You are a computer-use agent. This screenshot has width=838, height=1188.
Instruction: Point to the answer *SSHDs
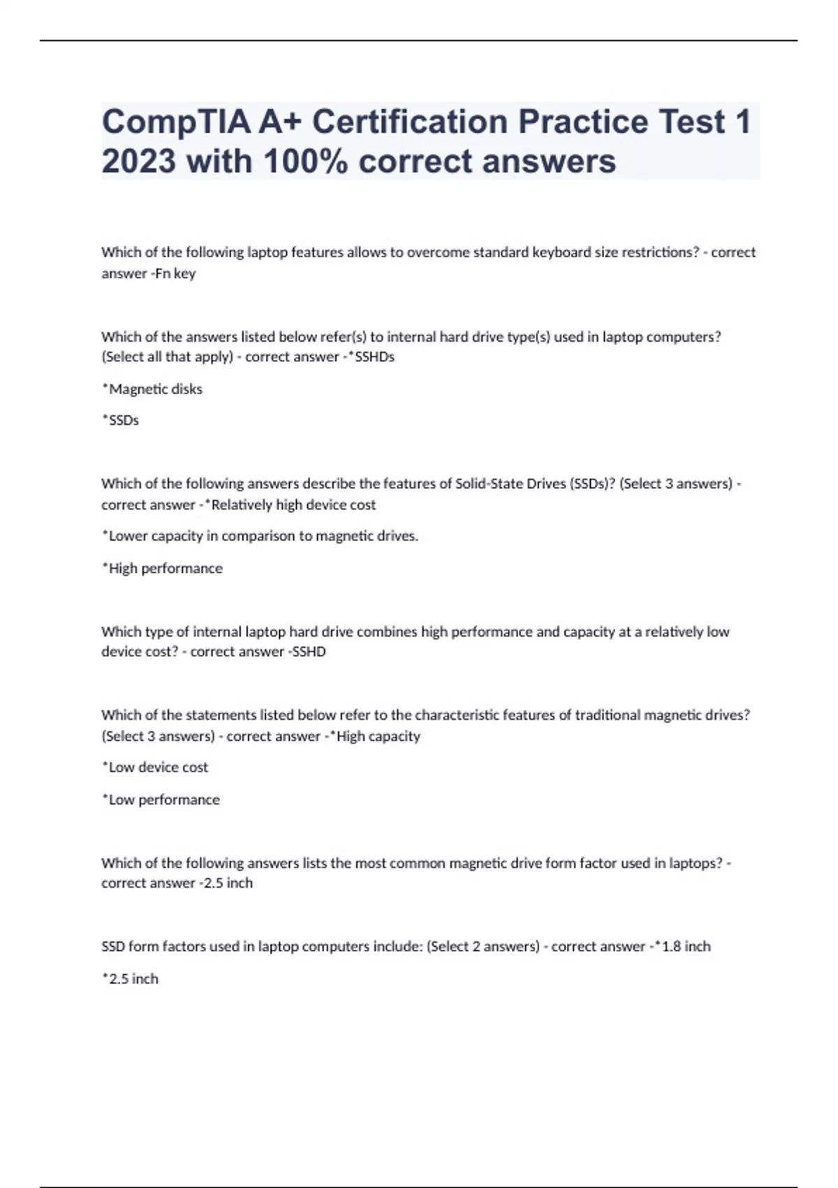pos(372,356)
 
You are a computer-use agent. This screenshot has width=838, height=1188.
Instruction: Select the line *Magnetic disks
pos(152,389)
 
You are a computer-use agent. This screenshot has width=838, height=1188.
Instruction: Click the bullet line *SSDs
pos(120,420)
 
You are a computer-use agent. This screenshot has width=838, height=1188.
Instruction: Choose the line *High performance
pos(162,568)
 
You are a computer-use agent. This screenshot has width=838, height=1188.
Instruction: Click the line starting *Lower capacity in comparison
pos(260,536)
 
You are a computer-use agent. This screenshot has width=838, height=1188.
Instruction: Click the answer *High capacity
pos(375,736)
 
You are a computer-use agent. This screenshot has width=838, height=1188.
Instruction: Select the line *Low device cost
pos(155,767)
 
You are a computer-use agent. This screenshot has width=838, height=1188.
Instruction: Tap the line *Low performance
pos(161,799)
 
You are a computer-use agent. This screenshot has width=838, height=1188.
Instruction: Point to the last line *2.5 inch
pos(130,978)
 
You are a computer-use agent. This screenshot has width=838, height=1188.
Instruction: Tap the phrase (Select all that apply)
pos(167,356)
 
